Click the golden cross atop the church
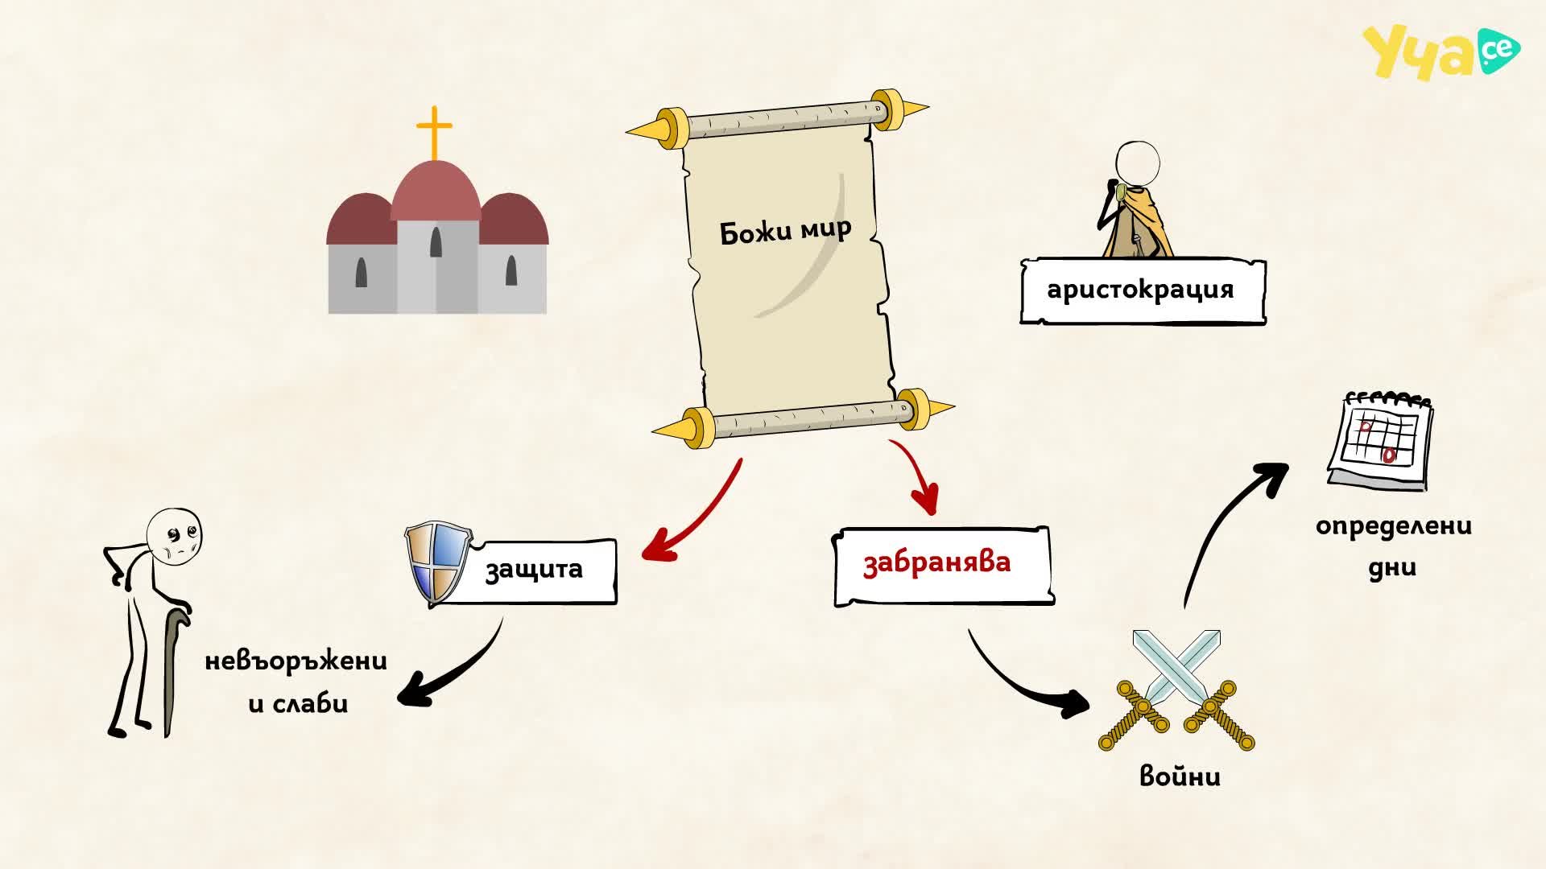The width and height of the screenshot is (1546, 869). pos(435,133)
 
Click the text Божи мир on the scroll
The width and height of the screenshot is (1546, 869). pos(785,231)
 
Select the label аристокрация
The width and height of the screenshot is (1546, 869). pos(1140,290)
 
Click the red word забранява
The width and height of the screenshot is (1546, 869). pos(936,562)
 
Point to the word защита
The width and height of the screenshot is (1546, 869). pos(534,570)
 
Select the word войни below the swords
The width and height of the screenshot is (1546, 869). pos(1180,776)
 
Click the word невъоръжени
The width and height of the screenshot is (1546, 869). pos(296,661)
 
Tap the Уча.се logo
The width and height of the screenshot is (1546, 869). pos(1441,52)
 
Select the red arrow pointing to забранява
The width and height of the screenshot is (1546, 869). pos(919,475)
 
